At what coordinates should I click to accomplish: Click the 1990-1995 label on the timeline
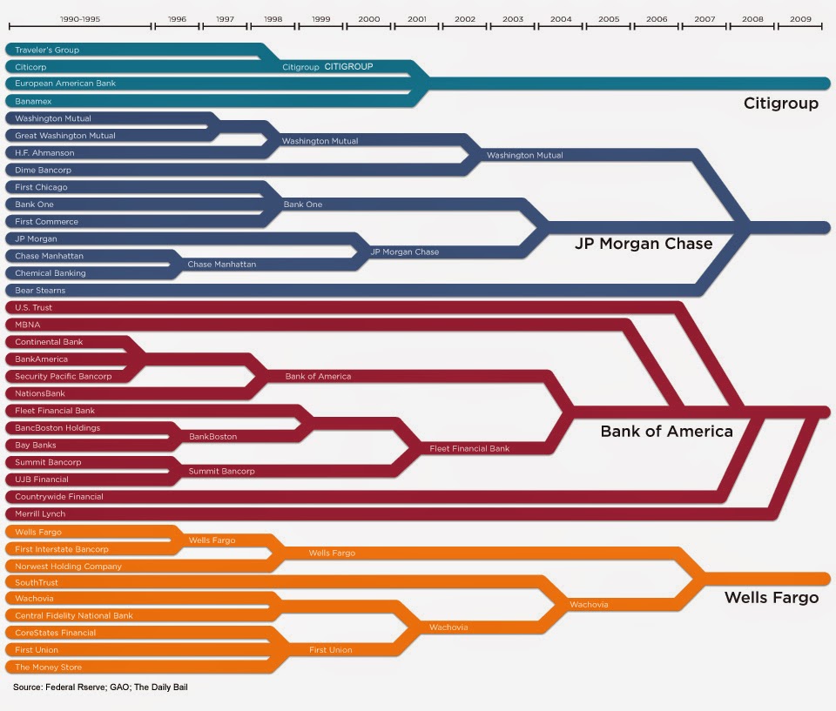click(79, 17)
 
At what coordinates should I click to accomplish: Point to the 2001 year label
click(416, 17)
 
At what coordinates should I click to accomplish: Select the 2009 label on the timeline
click(801, 17)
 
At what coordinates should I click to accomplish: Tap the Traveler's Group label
click(47, 50)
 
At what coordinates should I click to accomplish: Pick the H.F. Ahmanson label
click(45, 152)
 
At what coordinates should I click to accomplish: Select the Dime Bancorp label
click(44, 170)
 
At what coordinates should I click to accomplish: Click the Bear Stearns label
click(40, 290)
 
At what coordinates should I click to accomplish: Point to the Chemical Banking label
click(50, 273)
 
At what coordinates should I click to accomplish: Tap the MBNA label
click(28, 325)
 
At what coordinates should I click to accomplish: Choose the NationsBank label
click(40, 393)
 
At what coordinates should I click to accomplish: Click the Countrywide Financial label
click(59, 496)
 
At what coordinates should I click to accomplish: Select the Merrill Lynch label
click(40, 513)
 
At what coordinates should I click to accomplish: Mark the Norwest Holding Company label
click(69, 566)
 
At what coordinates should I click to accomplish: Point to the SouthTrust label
click(37, 581)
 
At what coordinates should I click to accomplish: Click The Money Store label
click(49, 667)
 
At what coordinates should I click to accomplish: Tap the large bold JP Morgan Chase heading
click(644, 244)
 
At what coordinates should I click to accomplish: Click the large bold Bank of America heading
click(667, 431)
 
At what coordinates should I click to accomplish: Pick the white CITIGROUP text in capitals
click(348, 66)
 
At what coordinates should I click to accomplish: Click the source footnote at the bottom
click(100, 688)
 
